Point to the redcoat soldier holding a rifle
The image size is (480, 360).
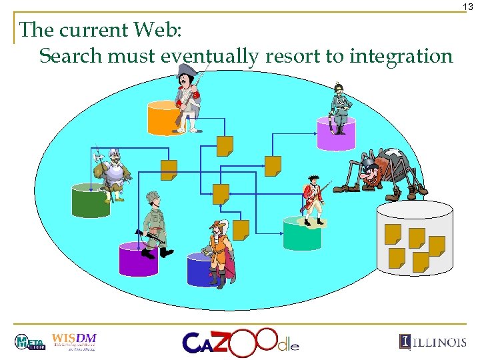pyautogui.click(x=313, y=199)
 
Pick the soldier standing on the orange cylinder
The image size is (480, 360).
pyautogui.click(x=188, y=100)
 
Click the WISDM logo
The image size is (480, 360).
pyautogui.click(x=74, y=341)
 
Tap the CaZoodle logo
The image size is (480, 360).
pyautogui.click(x=240, y=341)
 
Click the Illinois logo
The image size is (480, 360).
pyautogui.click(x=433, y=341)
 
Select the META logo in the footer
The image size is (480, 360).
pyautogui.click(x=29, y=342)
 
